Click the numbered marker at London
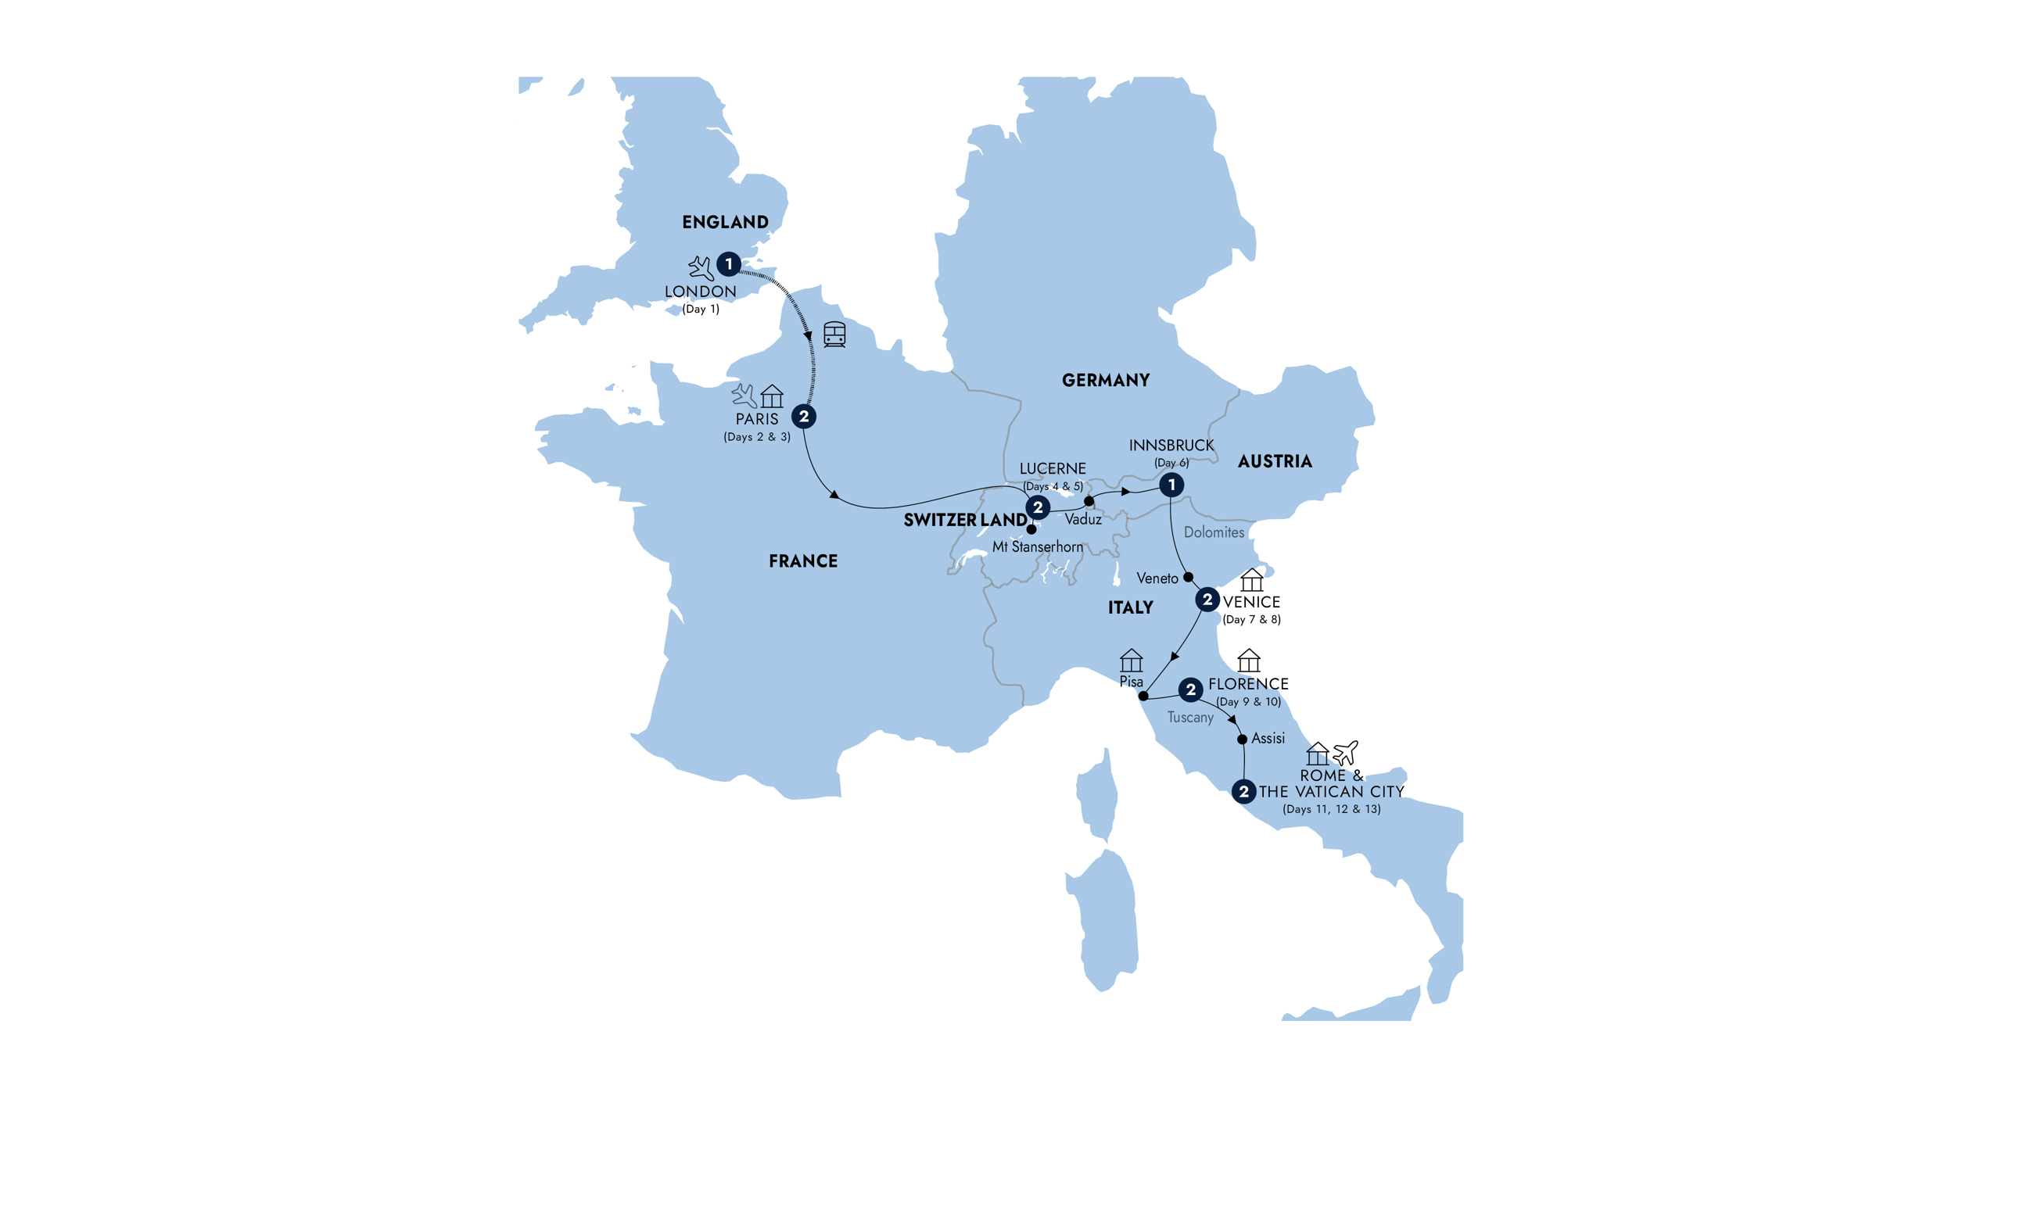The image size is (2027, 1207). click(728, 264)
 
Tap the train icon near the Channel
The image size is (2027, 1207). click(834, 335)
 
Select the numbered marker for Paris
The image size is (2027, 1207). click(804, 417)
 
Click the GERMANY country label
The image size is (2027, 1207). click(1106, 380)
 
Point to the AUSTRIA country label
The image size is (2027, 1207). click(1275, 461)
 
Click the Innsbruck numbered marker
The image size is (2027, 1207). click(1171, 485)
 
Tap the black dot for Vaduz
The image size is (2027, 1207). click(1089, 501)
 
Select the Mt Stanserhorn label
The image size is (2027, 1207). click(1037, 546)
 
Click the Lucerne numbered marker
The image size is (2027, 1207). click(1037, 507)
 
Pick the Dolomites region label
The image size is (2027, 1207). click(1214, 532)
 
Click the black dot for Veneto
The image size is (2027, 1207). click(1189, 577)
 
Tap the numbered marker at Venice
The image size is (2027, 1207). click(1207, 600)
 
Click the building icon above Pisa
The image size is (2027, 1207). click(1132, 660)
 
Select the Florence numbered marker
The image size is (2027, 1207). click(1191, 689)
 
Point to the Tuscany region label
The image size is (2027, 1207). click(1190, 717)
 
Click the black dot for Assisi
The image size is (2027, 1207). click(1242, 740)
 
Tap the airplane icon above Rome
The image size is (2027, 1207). click(1345, 751)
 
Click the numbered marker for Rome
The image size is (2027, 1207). click(1243, 791)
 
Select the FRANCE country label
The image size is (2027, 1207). click(803, 561)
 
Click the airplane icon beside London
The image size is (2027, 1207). click(701, 267)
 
